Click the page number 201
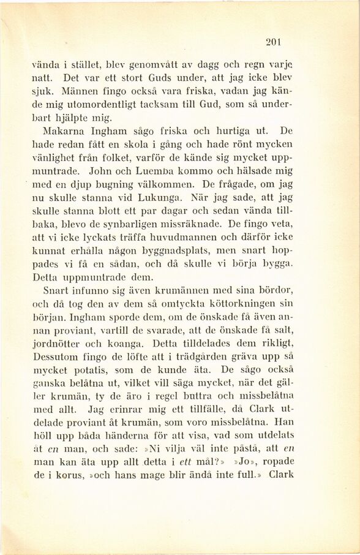pyautogui.click(x=273, y=42)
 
